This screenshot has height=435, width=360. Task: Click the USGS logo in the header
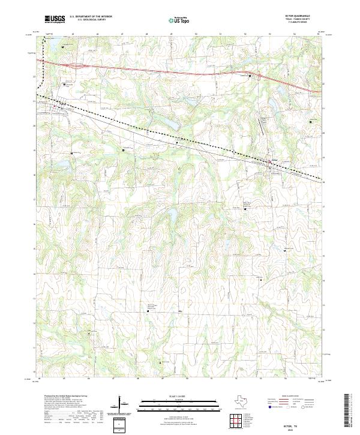(55, 19)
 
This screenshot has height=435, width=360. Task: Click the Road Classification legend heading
(294, 398)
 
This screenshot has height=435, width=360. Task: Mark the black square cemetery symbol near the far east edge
(310, 122)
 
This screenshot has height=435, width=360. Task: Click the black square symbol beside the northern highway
(258, 76)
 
